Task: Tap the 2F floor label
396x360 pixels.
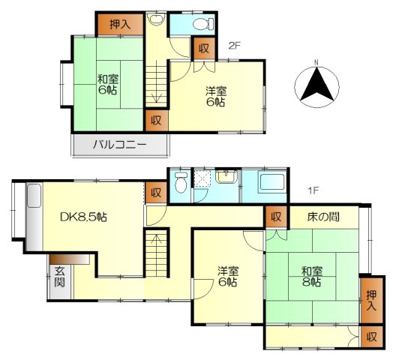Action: click(x=234, y=46)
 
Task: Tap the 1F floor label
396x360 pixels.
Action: click(x=313, y=190)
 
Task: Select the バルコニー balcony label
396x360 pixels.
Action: click(x=120, y=145)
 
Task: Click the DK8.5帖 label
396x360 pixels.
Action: click(x=83, y=217)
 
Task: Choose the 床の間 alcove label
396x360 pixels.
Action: click(x=323, y=217)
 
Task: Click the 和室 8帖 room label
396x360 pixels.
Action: click(x=312, y=277)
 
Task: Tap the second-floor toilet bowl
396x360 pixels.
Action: click(x=202, y=25)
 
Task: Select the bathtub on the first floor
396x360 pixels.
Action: click(x=271, y=182)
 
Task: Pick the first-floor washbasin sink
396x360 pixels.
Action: click(x=226, y=176)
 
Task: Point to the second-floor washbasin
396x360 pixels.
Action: click(x=157, y=19)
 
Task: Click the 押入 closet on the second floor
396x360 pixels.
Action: click(x=121, y=24)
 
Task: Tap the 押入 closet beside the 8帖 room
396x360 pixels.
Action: click(x=371, y=301)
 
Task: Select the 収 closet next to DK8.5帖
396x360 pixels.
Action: click(x=156, y=193)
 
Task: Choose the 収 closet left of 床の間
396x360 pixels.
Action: click(x=276, y=217)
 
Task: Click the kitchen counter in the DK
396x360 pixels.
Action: click(x=34, y=217)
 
